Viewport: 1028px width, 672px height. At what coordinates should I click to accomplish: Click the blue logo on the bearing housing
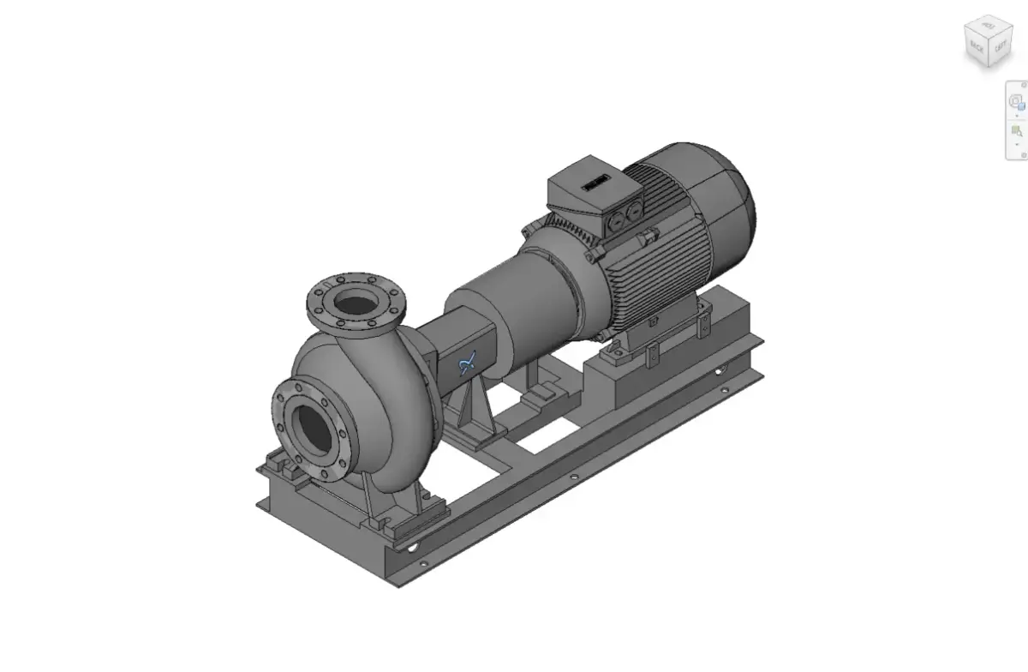point(468,364)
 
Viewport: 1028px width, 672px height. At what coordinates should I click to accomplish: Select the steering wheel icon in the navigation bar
point(1016,101)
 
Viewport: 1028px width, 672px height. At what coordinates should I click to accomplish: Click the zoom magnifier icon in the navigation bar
point(1016,131)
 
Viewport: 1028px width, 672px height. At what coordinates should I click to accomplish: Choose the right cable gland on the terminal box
point(635,212)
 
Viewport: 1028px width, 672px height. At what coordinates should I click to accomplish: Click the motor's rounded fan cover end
point(728,197)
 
